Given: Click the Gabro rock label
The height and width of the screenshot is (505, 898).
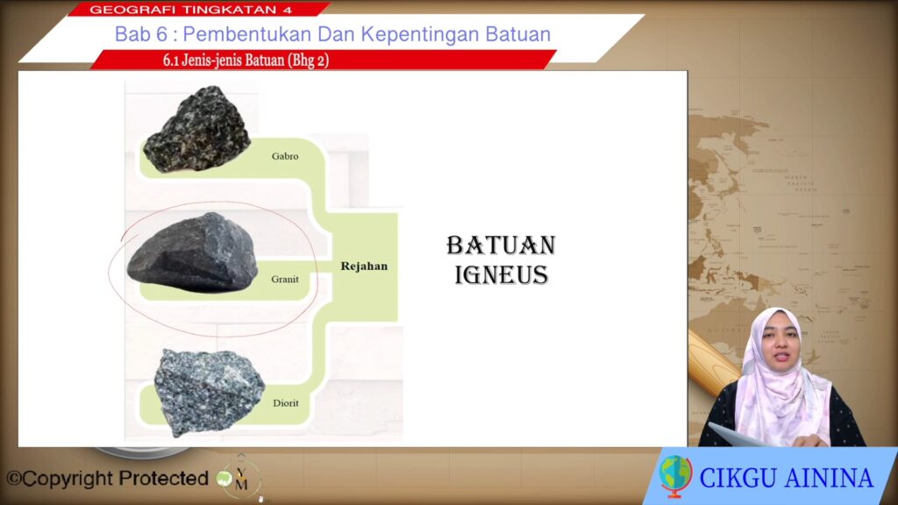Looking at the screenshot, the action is [285, 156].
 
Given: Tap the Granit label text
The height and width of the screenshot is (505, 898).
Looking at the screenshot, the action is [285, 280].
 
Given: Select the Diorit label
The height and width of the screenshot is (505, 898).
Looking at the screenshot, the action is [285, 403].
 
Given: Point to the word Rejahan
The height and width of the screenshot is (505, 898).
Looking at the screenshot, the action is [364, 267].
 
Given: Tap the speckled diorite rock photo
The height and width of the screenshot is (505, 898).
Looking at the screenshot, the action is [209, 392].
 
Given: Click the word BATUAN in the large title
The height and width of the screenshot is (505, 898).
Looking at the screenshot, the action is [501, 245].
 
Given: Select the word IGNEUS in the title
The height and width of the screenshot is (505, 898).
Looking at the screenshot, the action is [501, 275].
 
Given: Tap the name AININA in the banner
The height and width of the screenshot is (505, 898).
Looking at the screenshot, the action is [830, 479].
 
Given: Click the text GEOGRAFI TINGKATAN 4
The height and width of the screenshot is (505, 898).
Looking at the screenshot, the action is [190, 10].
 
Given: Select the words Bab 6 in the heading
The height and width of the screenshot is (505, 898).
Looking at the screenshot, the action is [141, 34].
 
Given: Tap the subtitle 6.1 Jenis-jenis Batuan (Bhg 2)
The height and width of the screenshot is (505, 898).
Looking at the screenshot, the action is [246, 60].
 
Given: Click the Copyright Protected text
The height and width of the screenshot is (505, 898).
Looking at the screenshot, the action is [107, 478].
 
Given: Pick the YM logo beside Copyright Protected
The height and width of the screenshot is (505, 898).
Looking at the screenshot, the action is [240, 479].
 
